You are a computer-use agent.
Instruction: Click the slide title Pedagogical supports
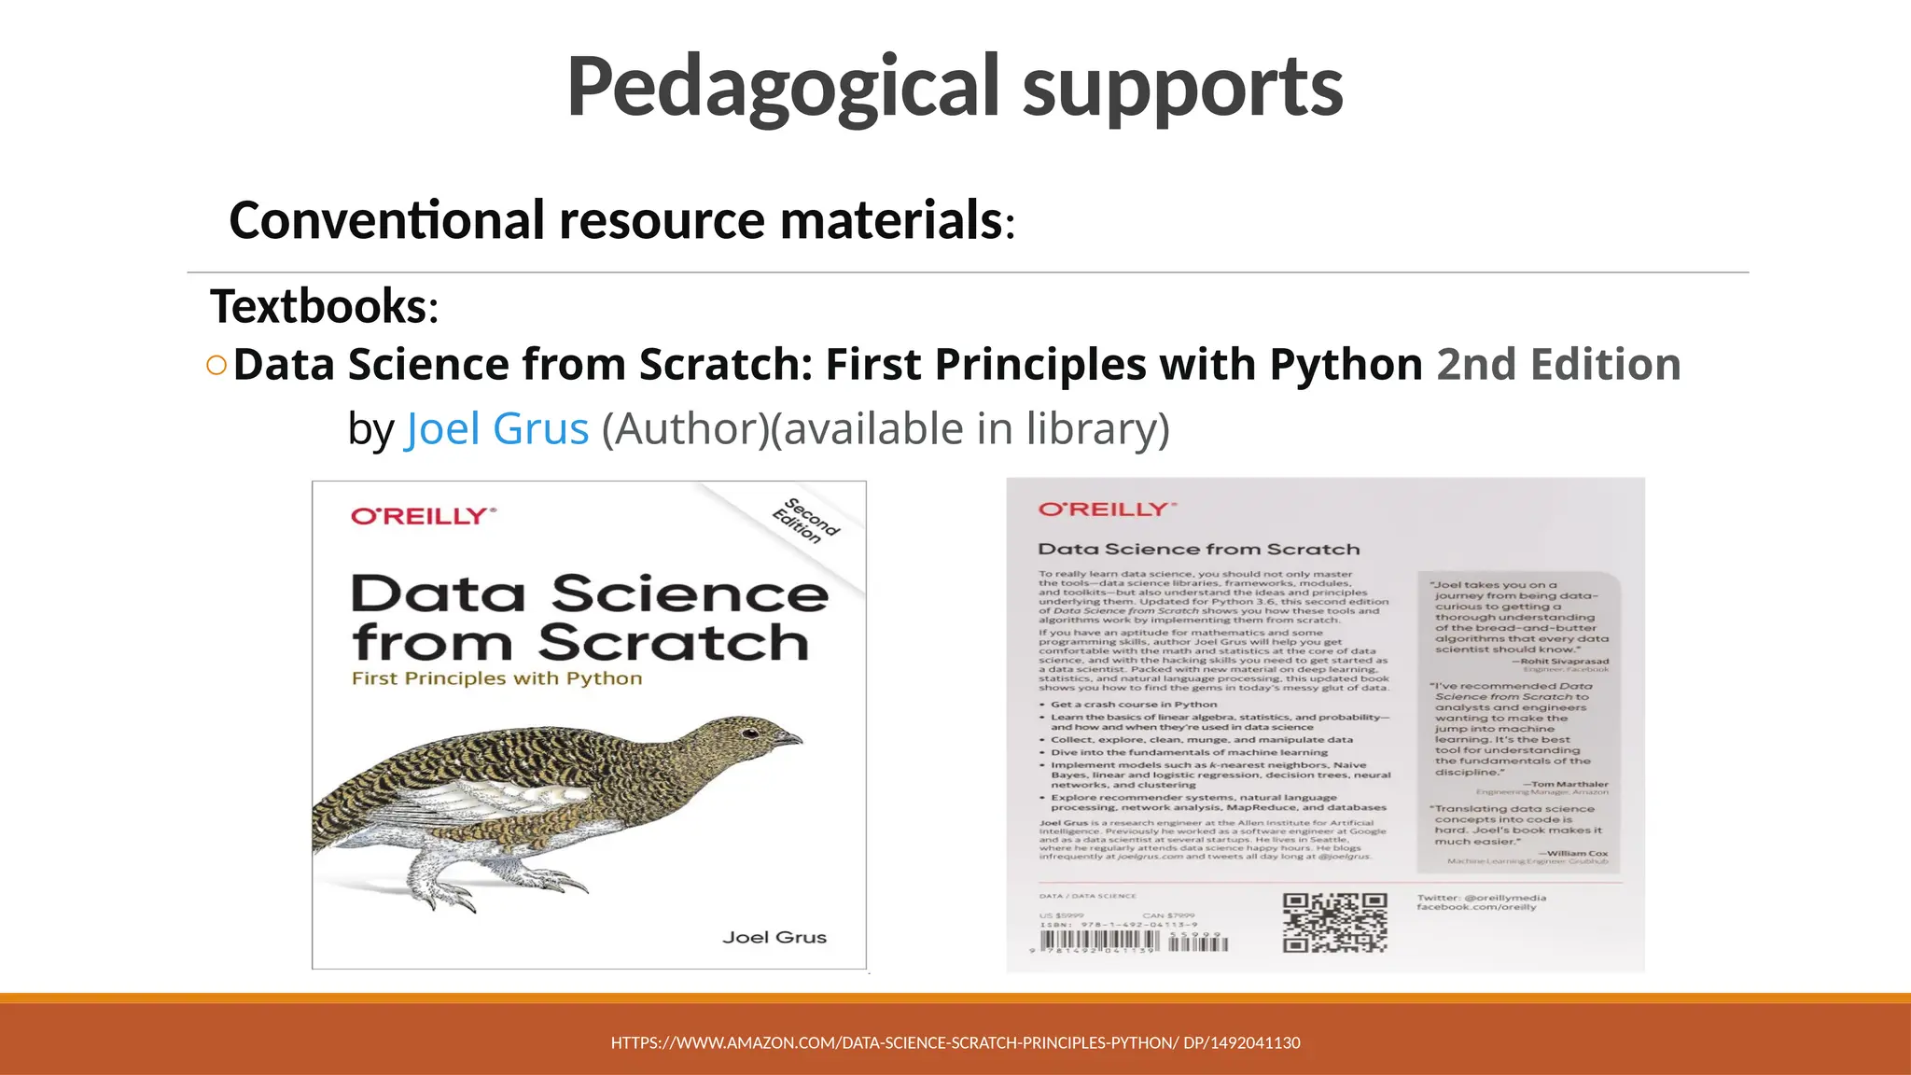(x=954, y=87)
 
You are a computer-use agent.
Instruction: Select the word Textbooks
(x=318, y=306)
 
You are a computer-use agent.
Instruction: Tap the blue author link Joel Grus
(x=496, y=429)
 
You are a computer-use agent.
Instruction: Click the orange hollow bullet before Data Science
(x=216, y=365)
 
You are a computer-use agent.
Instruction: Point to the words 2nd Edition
(x=1557, y=364)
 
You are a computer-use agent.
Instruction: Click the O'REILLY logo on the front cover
(x=423, y=516)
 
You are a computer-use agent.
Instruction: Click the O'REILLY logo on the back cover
(x=1107, y=510)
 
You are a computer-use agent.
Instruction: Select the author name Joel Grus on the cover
(x=774, y=937)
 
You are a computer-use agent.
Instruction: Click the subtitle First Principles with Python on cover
(x=496, y=678)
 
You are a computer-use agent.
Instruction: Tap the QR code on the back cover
(x=1334, y=922)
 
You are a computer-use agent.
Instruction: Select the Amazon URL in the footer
(x=955, y=1042)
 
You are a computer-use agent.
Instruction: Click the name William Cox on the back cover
(x=1577, y=853)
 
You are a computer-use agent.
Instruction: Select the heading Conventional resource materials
(x=616, y=220)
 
